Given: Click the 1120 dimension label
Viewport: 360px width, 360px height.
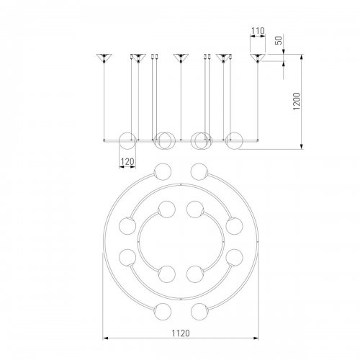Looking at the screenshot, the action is (x=181, y=333).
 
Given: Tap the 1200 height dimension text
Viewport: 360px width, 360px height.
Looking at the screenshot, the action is (x=297, y=101).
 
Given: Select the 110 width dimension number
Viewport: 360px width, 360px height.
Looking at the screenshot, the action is (x=258, y=31).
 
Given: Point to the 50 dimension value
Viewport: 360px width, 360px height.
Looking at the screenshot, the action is (x=279, y=40).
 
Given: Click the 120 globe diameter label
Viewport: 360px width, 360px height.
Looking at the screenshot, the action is (x=127, y=162).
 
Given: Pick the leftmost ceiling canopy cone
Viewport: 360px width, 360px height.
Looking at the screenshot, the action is (x=104, y=57).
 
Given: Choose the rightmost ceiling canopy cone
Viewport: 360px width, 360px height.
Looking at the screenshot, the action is (x=258, y=57).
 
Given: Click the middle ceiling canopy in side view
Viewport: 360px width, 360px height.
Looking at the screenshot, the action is (x=181, y=57).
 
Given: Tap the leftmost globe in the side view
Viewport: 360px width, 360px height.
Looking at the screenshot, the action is (x=127, y=140).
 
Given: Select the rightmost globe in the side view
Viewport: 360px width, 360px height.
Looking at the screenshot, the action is (x=234, y=140).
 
